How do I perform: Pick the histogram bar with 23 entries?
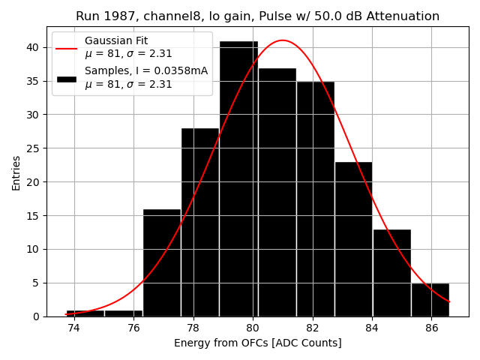[x=353, y=239]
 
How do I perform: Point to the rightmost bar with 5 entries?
[x=430, y=300]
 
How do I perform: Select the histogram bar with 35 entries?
[x=315, y=199]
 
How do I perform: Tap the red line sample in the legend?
[x=66, y=47]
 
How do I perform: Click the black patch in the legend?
[x=66, y=78]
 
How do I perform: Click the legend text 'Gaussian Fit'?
[x=116, y=40]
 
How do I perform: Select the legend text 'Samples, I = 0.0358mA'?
[x=146, y=71]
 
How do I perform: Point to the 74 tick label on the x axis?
[x=73, y=328]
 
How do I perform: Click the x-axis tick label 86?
[x=431, y=328]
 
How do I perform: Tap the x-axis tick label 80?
[x=253, y=328]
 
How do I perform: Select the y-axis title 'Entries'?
[x=16, y=172]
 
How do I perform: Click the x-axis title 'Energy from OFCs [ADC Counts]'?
[x=257, y=343]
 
